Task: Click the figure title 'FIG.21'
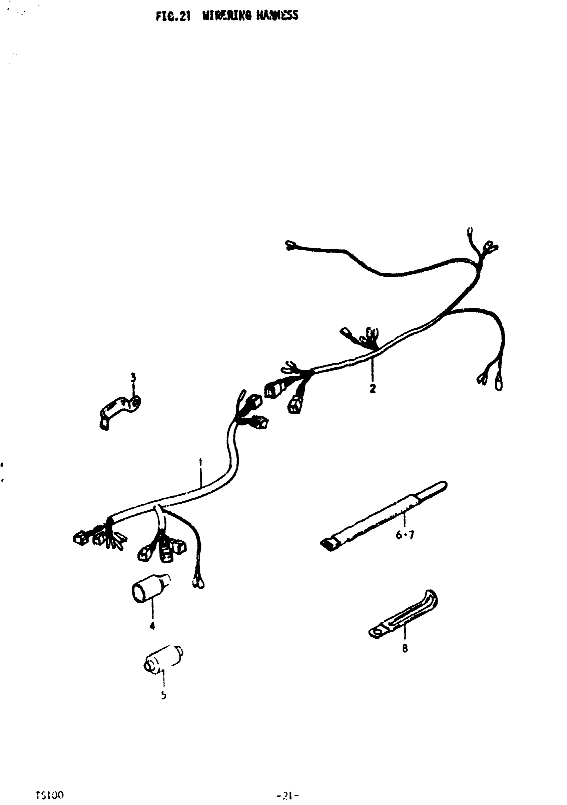(173, 16)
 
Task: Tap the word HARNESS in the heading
(277, 16)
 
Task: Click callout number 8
(405, 648)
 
